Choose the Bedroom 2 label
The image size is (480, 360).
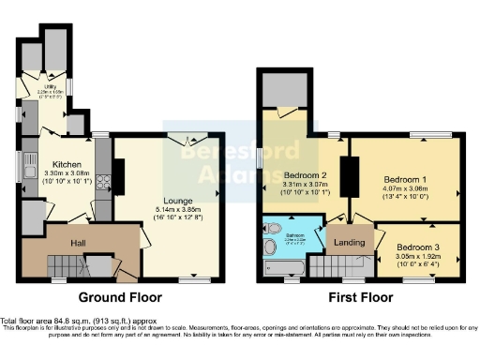(x=305, y=174)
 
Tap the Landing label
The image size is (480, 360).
(x=349, y=241)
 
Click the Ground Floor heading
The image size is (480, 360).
(x=120, y=297)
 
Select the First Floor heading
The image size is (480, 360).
(x=360, y=297)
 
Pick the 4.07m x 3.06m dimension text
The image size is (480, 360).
(x=405, y=187)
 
